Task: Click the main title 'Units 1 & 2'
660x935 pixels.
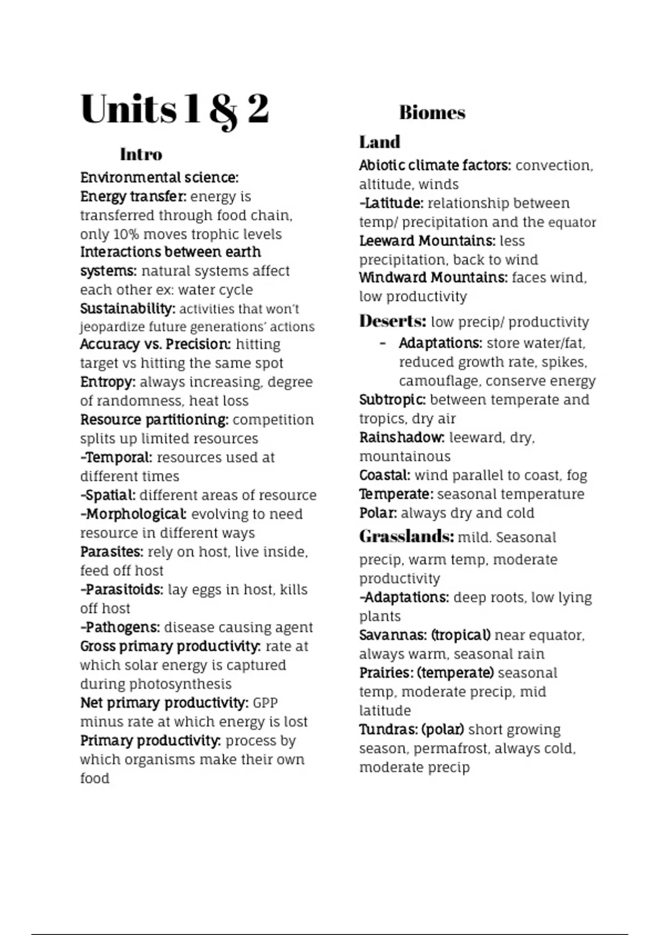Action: (175, 109)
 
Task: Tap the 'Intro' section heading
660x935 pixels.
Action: (141, 154)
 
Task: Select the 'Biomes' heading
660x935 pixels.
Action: (432, 113)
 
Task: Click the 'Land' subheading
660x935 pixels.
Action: (380, 142)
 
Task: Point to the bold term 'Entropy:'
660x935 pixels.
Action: (108, 382)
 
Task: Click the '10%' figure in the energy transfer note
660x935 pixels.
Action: (126, 234)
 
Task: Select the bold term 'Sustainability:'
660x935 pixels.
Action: (128, 309)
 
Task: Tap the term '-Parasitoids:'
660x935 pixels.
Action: (122, 590)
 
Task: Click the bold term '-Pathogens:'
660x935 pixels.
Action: (120, 628)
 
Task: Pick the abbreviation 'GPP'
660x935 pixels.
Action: (265, 703)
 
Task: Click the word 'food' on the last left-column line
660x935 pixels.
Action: (95, 778)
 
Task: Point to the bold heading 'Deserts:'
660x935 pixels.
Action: (393, 321)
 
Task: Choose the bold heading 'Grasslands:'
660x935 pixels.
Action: (406, 536)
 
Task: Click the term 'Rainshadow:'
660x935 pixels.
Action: (402, 438)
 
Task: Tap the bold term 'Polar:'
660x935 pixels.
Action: (378, 513)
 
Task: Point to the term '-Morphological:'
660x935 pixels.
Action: (133, 514)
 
